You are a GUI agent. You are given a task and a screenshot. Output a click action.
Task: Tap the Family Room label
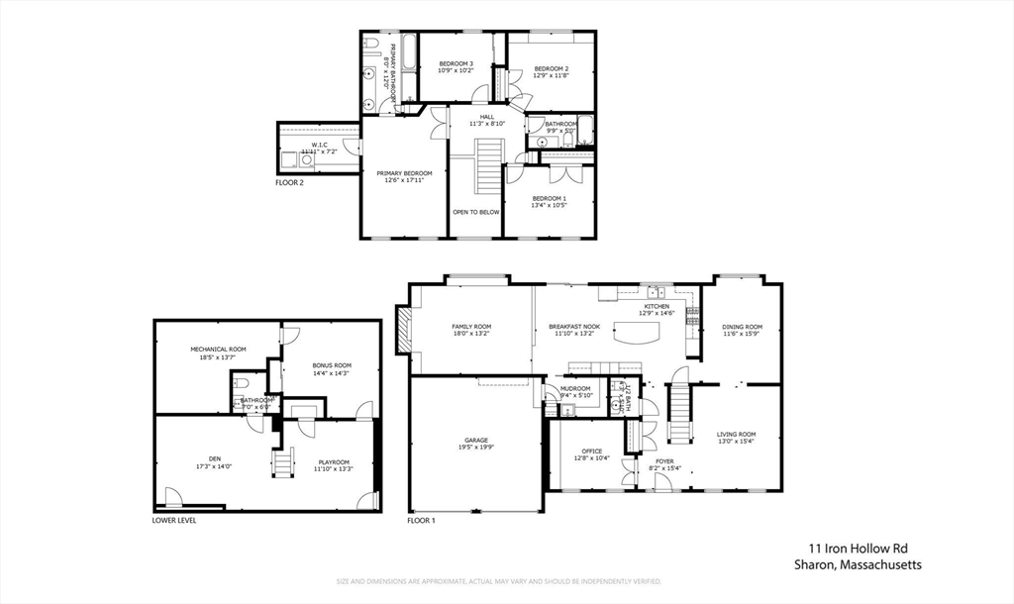(471, 327)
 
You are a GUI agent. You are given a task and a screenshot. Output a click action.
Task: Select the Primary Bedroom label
(404, 173)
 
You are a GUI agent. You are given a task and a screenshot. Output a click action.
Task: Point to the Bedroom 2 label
(551, 68)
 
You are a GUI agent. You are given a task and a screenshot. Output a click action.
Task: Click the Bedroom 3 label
(456, 64)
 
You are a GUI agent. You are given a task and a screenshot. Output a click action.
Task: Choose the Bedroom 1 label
(550, 199)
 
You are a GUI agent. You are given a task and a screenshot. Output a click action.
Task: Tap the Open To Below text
(476, 212)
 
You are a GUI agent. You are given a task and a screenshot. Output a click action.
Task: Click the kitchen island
(636, 334)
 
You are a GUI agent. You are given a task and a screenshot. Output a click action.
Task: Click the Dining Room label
(743, 327)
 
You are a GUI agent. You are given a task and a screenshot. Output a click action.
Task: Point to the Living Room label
(736, 435)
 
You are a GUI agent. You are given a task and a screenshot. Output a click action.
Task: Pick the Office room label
(591, 452)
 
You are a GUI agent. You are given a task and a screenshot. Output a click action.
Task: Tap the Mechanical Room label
(218, 350)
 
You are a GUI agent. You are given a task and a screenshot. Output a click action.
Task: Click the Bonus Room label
(331, 365)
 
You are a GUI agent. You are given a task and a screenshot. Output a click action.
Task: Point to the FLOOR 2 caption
(289, 183)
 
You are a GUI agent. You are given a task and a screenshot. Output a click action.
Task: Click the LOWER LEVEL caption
(173, 520)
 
